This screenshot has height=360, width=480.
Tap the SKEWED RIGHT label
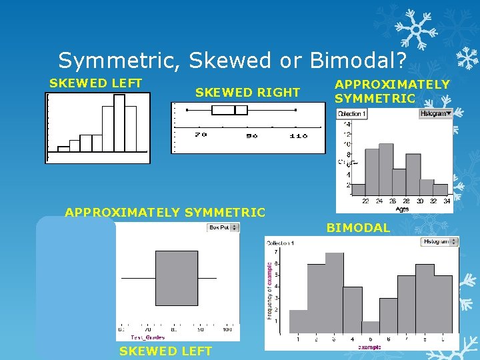coord(247,92)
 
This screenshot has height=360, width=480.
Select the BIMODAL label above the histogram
coord(358,228)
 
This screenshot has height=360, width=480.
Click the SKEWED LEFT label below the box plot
coord(165,351)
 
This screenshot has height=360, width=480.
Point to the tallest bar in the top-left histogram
coord(119,123)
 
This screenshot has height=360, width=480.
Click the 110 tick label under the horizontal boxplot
coord(298,135)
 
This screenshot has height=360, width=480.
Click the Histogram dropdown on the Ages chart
coord(436,114)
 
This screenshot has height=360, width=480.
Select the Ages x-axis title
coord(402,209)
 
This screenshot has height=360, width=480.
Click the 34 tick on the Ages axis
coord(447,201)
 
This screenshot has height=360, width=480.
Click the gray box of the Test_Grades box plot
coord(177,278)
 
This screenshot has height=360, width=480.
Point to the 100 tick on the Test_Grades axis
coord(227,329)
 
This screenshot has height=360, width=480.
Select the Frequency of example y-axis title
coord(270,290)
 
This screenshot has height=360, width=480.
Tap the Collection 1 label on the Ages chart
coord(352,114)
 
